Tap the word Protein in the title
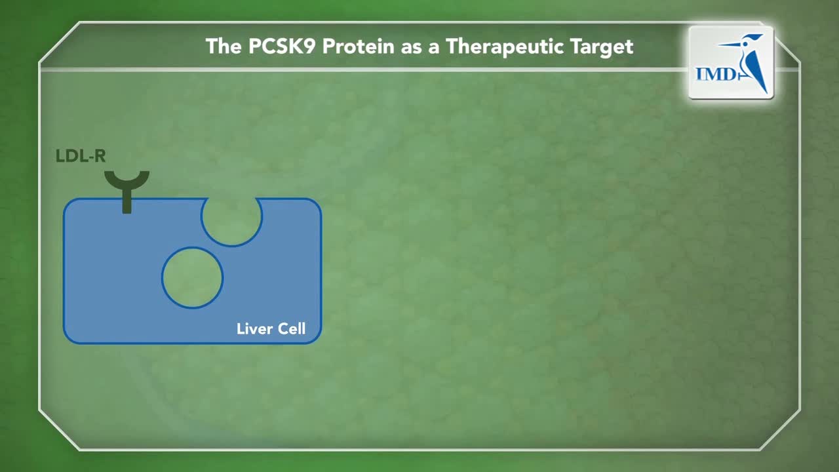(x=359, y=47)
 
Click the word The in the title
(x=224, y=47)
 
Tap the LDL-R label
(x=81, y=156)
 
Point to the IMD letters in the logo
(x=716, y=74)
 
